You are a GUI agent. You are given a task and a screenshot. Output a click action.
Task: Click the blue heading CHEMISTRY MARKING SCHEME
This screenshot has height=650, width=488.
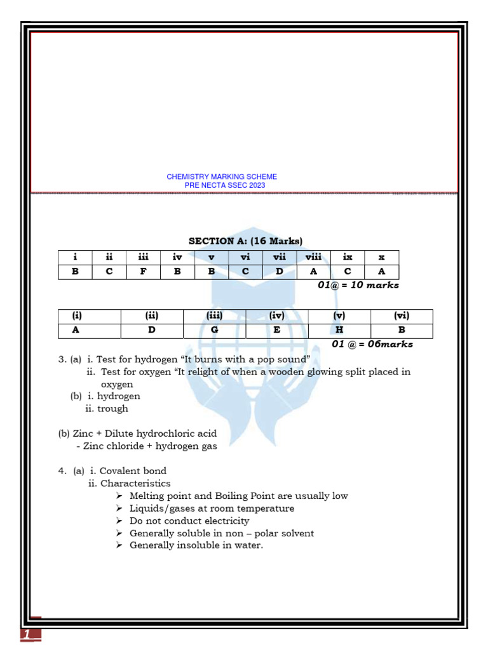(x=222, y=176)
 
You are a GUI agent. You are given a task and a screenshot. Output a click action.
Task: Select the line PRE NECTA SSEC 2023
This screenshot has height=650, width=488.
(x=225, y=185)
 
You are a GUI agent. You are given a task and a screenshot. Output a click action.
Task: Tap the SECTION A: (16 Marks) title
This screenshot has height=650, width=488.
(x=245, y=241)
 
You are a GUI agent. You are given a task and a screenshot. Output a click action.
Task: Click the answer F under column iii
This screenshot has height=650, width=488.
(x=143, y=272)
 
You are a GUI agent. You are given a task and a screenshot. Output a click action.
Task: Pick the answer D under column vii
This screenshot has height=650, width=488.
(x=279, y=272)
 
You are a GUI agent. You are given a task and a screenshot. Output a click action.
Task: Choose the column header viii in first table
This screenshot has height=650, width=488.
(x=313, y=257)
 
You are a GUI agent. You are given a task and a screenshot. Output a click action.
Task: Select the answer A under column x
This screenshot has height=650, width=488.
(x=382, y=272)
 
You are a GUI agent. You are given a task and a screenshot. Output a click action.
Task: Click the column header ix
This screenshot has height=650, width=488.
(x=348, y=257)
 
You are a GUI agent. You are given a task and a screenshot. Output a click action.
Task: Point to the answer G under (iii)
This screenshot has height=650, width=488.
(x=214, y=330)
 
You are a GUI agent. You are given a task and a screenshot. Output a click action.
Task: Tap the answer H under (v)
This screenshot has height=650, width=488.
(x=339, y=330)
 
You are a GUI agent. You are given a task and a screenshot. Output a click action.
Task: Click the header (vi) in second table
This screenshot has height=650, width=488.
(x=402, y=315)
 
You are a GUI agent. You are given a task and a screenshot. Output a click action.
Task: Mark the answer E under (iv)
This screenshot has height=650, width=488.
(x=276, y=330)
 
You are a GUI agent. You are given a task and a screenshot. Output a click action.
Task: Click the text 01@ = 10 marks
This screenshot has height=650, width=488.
(x=358, y=285)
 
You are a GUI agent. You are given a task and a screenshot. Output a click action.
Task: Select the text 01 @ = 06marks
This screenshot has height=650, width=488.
(x=372, y=344)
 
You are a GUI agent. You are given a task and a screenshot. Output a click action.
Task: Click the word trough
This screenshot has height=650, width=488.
(x=112, y=409)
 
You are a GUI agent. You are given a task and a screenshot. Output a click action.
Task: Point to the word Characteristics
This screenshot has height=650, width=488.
(x=135, y=484)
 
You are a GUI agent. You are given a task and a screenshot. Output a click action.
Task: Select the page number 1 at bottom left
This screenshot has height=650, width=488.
(x=27, y=634)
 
